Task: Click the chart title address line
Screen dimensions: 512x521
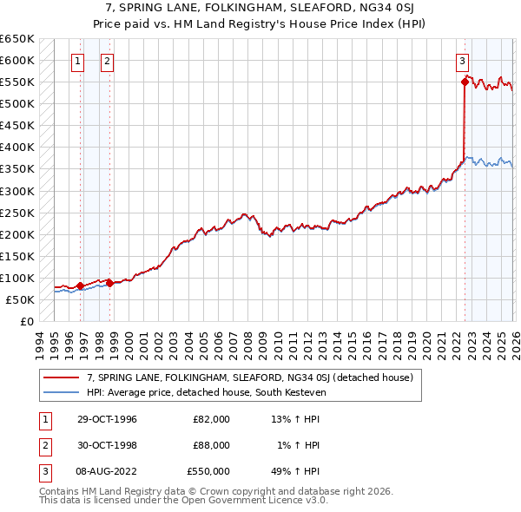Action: [260, 7]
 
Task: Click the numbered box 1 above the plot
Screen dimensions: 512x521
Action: [78, 61]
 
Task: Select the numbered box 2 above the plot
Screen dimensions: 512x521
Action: [107, 61]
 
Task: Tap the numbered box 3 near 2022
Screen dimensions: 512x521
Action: [462, 61]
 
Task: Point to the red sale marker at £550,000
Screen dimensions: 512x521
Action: [465, 82]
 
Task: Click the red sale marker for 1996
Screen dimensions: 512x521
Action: [80, 286]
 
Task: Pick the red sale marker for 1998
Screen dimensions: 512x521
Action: [109, 283]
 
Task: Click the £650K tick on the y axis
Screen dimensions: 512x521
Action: [17, 39]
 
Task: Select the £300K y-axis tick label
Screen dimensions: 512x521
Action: [17, 191]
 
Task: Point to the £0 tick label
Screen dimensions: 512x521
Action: [26, 321]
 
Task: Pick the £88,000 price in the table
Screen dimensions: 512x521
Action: [211, 445]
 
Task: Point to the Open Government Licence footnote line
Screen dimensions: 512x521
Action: [183, 501]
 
